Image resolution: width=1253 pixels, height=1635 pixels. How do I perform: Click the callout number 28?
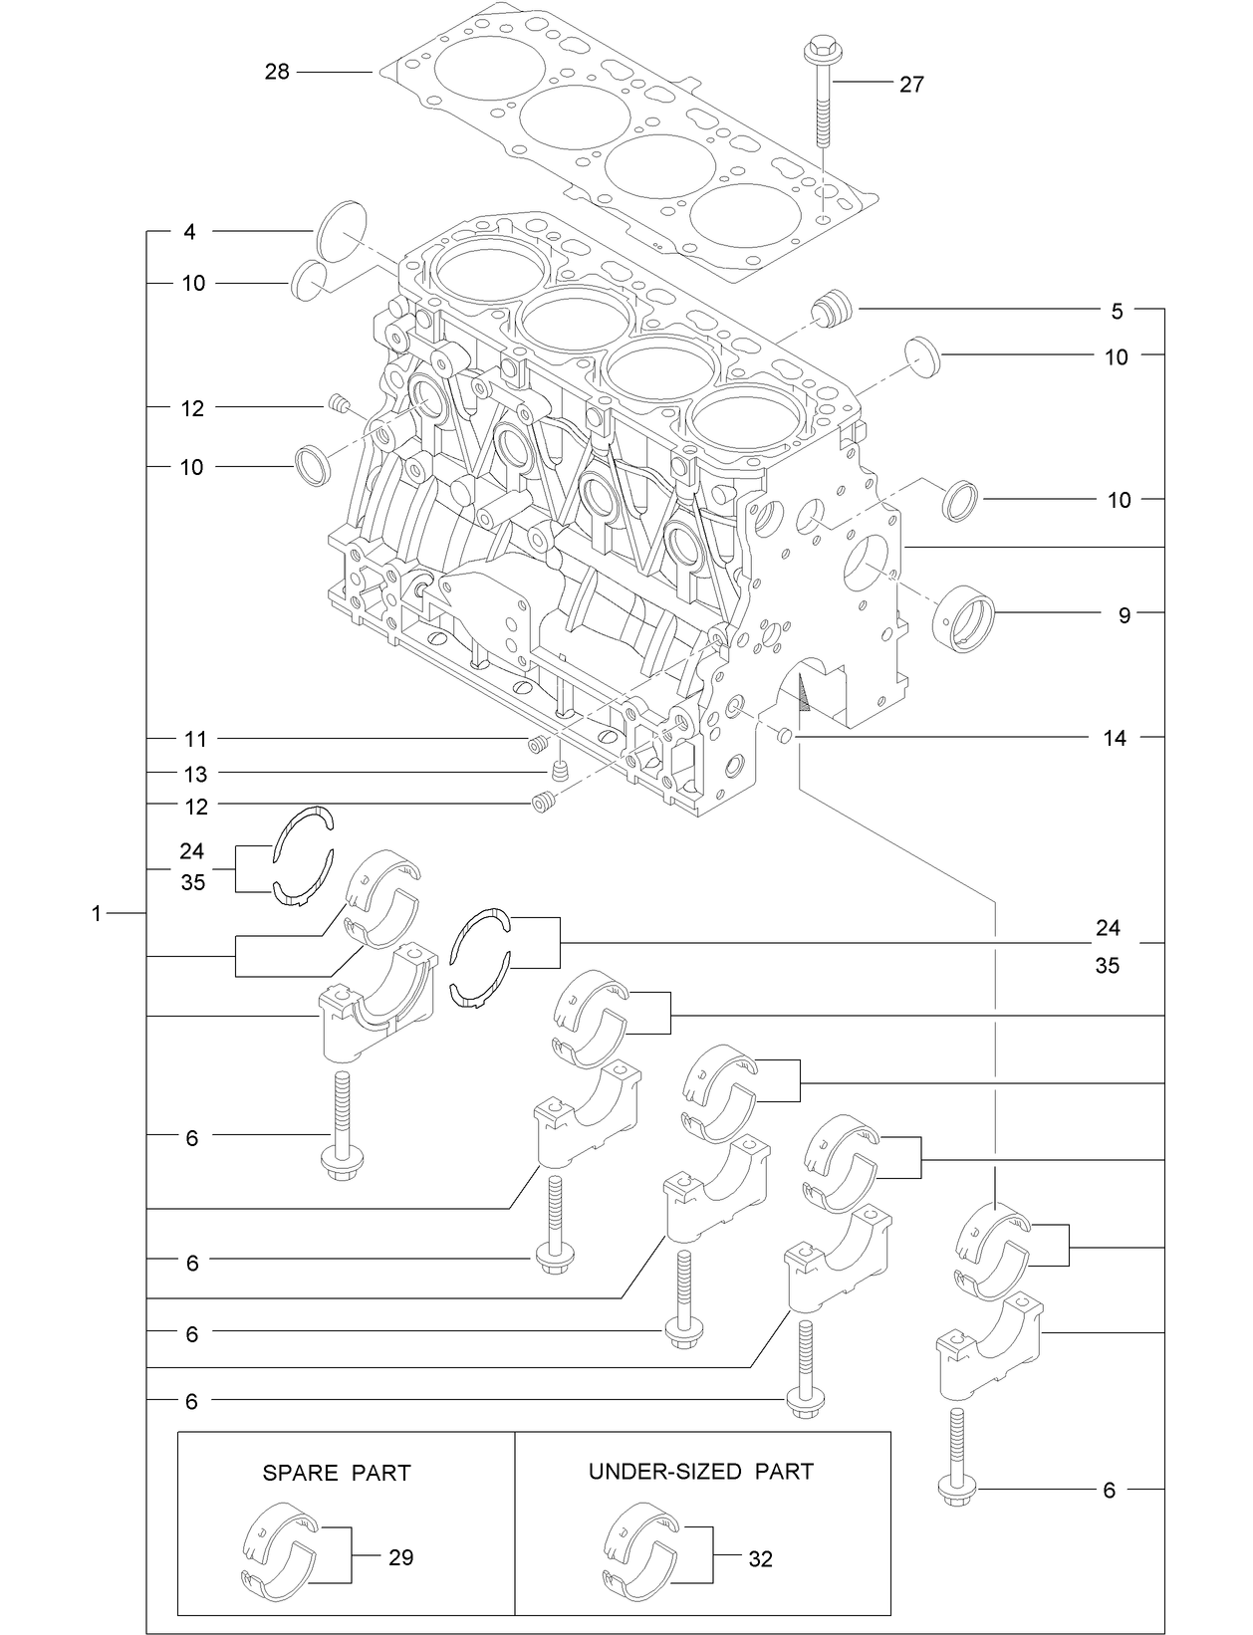pos(277,72)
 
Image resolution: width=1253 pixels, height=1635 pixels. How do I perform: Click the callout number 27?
pos(911,85)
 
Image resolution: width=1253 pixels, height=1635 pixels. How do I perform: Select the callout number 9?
pos(1124,615)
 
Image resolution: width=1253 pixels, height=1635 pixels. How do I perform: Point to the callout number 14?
pos(1115,738)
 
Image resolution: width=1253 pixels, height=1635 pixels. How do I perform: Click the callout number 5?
pos(1117,312)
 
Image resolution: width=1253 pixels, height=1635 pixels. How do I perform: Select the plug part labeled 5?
pos(830,308)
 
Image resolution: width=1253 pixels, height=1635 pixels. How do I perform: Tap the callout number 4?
pos(189,232)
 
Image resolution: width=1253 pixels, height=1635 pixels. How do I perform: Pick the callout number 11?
pos(195,739)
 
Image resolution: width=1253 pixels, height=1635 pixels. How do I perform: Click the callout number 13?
pos(195,774)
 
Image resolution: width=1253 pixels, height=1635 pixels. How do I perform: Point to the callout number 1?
pos(97,913)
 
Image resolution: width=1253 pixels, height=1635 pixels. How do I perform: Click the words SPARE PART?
pos(337,1473)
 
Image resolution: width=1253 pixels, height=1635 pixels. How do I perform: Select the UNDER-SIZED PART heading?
pos(700,1471)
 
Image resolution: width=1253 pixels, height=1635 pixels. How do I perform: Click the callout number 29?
pos(400,1557)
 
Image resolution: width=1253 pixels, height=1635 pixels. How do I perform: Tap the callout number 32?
pos(760,1559)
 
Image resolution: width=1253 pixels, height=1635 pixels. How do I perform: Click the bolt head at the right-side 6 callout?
pos(954,1491)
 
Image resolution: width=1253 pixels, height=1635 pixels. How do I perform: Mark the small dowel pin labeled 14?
pos(784,736)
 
